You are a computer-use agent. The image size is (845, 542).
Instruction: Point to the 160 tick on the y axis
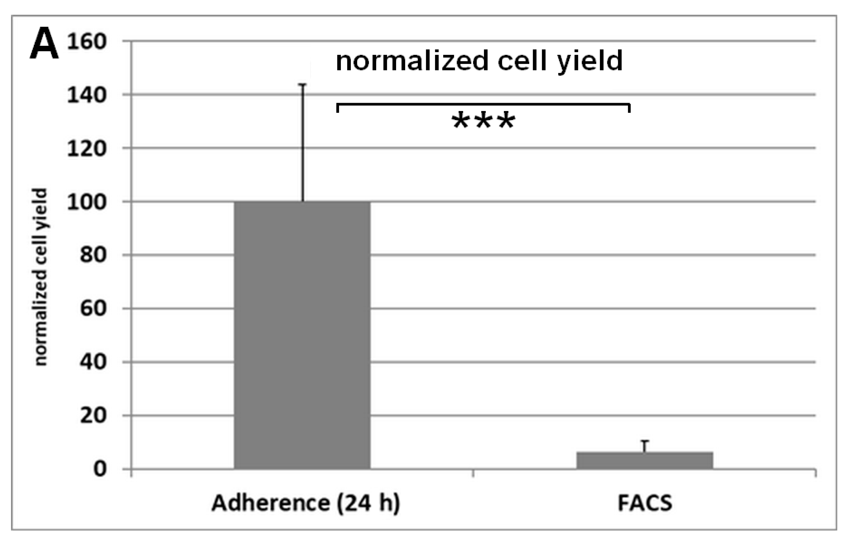[x=86, y=42]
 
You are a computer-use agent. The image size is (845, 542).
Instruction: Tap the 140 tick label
[x=86, y=95]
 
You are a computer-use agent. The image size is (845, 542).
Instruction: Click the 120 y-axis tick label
[x=86, y=149]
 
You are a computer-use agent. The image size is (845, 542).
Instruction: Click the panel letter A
[x=44, y=45]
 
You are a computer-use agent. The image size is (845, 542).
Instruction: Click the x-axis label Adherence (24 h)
[x=306, y=503]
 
